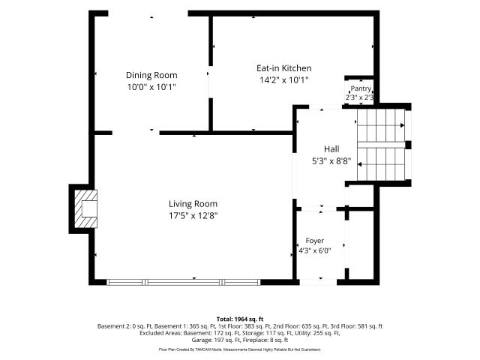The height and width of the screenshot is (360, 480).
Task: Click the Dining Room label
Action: [x=151, y=75]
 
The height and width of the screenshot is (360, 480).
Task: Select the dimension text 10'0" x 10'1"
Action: [x=151, y=87]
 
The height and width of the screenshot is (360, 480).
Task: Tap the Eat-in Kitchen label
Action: [x=284, y=68]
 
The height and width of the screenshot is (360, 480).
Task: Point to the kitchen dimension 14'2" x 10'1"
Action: [x=284, y=80]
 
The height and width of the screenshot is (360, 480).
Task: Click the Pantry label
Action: [x=361, y=88]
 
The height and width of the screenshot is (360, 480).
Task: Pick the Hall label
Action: [x=331, y=149]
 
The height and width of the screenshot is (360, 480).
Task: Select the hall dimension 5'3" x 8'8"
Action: [x=331, y=161]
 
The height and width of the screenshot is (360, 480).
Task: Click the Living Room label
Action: [x=193, y=204]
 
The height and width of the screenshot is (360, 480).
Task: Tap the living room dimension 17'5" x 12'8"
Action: [x=193, y=216]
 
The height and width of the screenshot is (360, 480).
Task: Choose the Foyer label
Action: [x=315, y=241]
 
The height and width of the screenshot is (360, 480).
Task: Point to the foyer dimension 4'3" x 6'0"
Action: [x=315, y=250]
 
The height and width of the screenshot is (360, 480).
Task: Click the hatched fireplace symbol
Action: [x=86, y=208]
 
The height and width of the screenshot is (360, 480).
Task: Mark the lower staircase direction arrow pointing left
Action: [x=381, y=164]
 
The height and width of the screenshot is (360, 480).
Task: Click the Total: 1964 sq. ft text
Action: [x=240, y=319]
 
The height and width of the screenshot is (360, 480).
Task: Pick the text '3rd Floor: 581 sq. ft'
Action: [x=357, y=326]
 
